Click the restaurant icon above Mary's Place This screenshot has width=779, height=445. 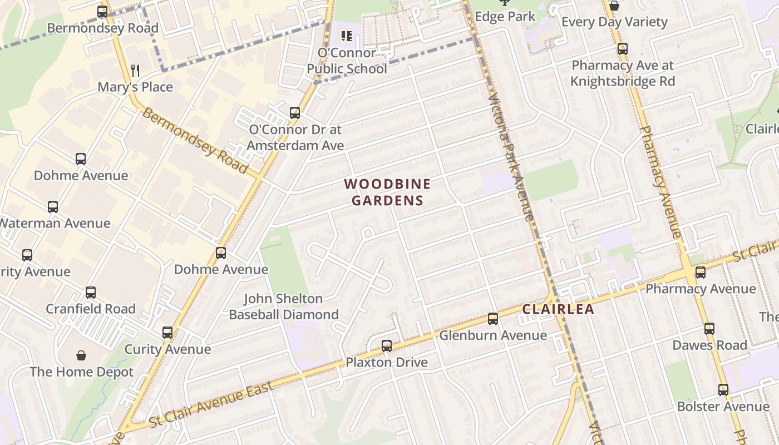coord(135,70)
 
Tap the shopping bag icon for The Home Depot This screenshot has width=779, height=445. coord(81,355)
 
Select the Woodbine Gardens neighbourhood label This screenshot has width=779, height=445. coord(387,192)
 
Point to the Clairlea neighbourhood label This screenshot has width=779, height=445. coord(558,309)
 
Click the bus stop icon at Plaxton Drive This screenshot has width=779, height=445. coord(387,346)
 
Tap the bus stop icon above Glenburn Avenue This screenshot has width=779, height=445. coord(492,319)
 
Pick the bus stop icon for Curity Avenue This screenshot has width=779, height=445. coord(167,333)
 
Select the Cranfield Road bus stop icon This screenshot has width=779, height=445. coord(91,293)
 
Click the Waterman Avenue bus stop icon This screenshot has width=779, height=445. coord(53,207)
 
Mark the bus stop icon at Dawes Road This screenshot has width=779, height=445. coord(709,329)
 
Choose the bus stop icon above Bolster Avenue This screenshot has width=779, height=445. coord(723,390)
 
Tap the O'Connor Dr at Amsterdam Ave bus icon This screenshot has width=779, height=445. coord(295,113)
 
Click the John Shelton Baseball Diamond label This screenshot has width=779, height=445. coord(284,306)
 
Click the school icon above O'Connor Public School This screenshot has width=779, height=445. coord(347,37)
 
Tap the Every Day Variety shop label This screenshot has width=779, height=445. coord(614,22)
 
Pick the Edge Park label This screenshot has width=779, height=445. coord(505,17)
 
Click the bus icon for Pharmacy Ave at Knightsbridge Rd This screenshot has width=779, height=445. coord(623,49)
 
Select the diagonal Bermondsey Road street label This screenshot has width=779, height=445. coord(195,140)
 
